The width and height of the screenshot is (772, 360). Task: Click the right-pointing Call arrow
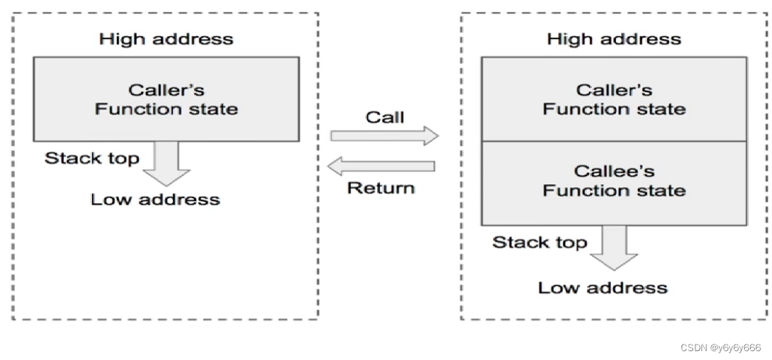pyautogui.click(x=384, y=136)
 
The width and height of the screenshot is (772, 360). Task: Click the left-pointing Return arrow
pyautogui.click(x=381, y=166)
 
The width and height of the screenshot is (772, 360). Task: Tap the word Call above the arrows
pyautogui.click(x=384, y=117)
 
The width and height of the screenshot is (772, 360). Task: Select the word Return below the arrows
pyautogui.click(x=381, y=188)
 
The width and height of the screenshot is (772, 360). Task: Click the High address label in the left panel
pyautogui.click(x=166, y=39)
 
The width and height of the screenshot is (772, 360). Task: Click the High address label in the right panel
pyautogui.click(x=614, y=39)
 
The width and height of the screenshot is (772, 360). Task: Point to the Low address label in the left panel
pyautogui.click(x=155, y=200)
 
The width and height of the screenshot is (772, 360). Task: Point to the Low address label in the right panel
pyautogui.click(x=603, y=288)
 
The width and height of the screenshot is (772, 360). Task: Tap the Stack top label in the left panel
pyautogui.click(x=92, y=158)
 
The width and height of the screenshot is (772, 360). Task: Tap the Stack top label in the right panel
pyautogui.click(x=539, y=242)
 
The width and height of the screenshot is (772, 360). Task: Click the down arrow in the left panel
pyautogui.click(x=166, y=163)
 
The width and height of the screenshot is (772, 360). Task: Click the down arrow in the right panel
pyautogui.click(x=614, y=247)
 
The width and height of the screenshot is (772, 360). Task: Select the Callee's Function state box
pyautogui.click(x=614, y=183)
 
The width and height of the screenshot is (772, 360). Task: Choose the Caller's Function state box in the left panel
pyautogui.click(x=166, y=99)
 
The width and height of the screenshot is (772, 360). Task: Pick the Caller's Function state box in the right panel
pyautogui.click(x=614, y=99)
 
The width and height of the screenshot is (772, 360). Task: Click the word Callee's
pyautogui.click(x=614, y=172)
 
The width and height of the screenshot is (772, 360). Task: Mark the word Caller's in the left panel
pyautogui.click(x=166, y=90)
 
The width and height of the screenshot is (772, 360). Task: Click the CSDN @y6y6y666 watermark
pyautogui.click(x=720, y=347)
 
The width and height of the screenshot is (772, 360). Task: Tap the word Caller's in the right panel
pyautogui.click(x=614, y=90)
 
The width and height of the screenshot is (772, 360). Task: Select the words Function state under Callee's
pyautogui.click(x=614, y=190)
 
